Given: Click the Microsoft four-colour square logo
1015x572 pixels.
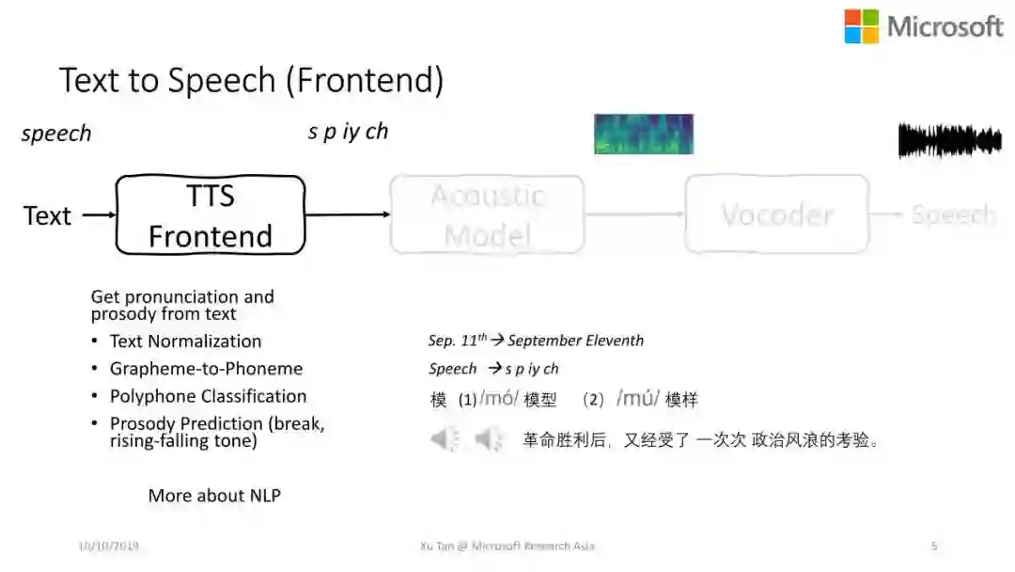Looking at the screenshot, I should tap(861, 26).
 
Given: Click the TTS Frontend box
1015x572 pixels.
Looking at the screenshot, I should tap(211, 215).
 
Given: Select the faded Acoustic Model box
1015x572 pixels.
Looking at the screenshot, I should tap(487, 215).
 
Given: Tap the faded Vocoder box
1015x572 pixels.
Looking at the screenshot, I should tap(776, 215).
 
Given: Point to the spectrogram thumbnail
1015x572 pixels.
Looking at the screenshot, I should tap(644, 134).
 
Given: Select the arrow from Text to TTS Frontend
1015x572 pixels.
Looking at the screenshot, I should tap(99, 215).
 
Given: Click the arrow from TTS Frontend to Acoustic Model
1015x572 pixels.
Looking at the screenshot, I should tap(348, 215).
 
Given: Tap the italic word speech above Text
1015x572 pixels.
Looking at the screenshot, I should tap(56, 134).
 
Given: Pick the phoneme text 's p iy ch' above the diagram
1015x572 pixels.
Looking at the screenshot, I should tap(348, 132).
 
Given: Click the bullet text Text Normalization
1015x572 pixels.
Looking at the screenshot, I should tap(185, 341).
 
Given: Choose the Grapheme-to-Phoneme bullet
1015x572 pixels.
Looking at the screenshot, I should tap(206, 369).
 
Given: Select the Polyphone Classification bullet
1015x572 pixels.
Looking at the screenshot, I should tap(208, 396).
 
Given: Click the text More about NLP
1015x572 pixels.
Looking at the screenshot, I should tap(214, 495).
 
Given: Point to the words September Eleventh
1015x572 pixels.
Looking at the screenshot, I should tap(575, 341).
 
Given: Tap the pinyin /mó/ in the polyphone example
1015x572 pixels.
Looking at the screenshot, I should tap(499, 399).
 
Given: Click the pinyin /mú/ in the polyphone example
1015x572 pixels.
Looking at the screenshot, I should tap(638, 399).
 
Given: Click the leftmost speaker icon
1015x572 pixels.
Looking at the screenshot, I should tap(445, 438).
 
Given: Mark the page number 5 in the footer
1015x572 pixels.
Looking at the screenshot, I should tap(933, 546).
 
